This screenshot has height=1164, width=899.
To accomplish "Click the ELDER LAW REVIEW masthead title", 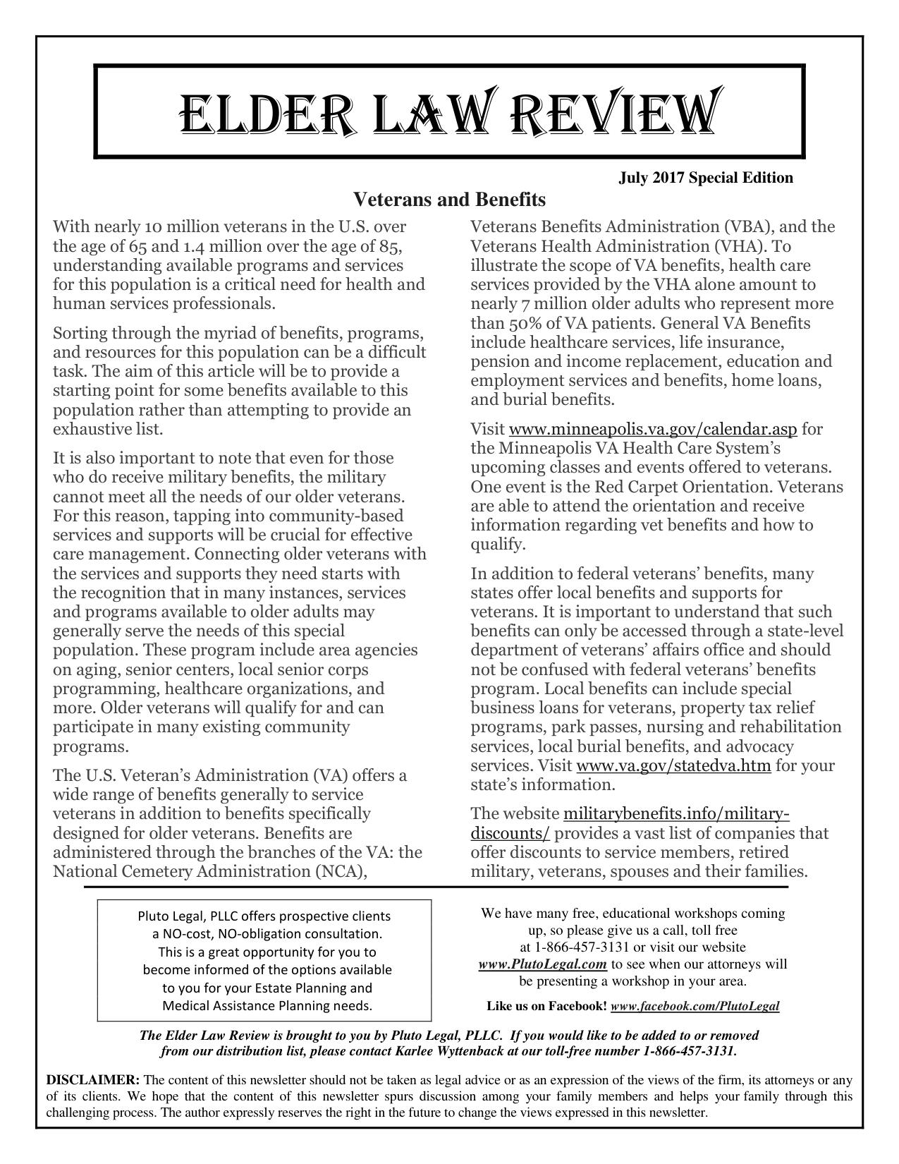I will (x=449, y=113).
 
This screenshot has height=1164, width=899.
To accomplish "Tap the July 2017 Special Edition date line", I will (x=706, y=177).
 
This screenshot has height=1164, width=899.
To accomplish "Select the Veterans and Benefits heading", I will (x=449, y=200).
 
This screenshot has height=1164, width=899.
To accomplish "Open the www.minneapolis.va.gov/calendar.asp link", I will (x=652, y=430).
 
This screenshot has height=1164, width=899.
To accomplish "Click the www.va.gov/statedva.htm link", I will (x=673, y=766).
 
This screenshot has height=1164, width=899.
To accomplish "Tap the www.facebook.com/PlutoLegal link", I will (x=695, y=1006).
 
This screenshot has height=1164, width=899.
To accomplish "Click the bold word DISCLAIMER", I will (x=93, y=1080).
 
